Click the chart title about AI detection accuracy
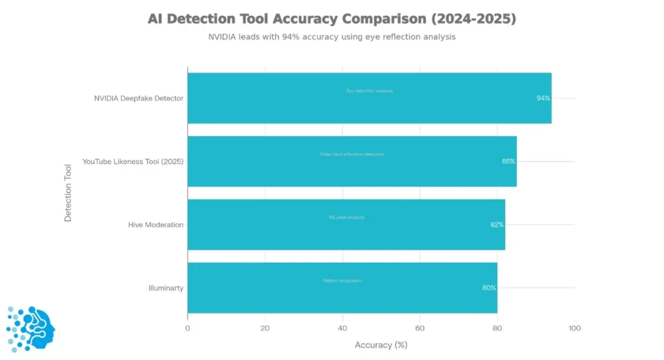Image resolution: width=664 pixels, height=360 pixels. [x=331, y=19]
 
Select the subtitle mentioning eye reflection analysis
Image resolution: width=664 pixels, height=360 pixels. [x=331, y=37]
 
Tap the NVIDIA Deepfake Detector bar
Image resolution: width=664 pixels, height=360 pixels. [x=369, y=98]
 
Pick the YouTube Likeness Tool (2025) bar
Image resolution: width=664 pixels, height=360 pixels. [x=351, y=162]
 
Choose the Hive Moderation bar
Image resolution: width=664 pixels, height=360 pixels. [x=346, y=224]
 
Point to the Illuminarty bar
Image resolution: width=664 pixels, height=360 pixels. [x=342, y=287]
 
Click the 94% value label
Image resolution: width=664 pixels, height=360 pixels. [x=543, y=99]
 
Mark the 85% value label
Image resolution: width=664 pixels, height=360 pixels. [x=508, y=162]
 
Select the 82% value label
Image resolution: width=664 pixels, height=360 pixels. [x=497, y=224]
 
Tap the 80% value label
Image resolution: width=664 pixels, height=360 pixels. [x=489, y=287]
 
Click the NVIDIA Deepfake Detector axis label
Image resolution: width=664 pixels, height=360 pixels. [x=139, y=99]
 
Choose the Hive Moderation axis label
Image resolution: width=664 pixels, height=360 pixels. [x=156, y=224]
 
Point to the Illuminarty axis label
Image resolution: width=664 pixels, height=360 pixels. [x=166, y=287]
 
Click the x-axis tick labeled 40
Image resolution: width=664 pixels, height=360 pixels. [x=342, y=328]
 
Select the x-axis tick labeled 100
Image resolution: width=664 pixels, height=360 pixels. [x=575, y=328]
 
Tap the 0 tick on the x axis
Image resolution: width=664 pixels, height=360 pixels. [x=187, y=328]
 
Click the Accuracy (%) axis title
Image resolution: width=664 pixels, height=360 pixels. [x=381, y=345]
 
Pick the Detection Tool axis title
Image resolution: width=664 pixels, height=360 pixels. [x=68, y=193]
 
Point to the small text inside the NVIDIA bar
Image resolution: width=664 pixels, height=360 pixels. [x=369, y=91]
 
